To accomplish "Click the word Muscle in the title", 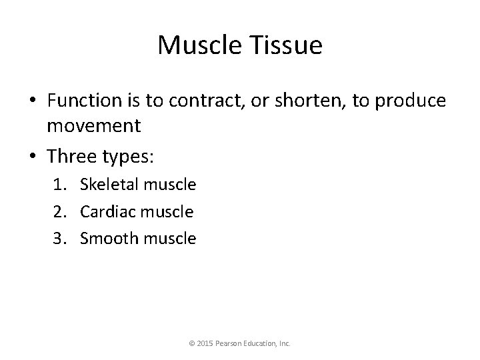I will [x=197, y=45].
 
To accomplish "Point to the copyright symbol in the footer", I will [x=192, y=344].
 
